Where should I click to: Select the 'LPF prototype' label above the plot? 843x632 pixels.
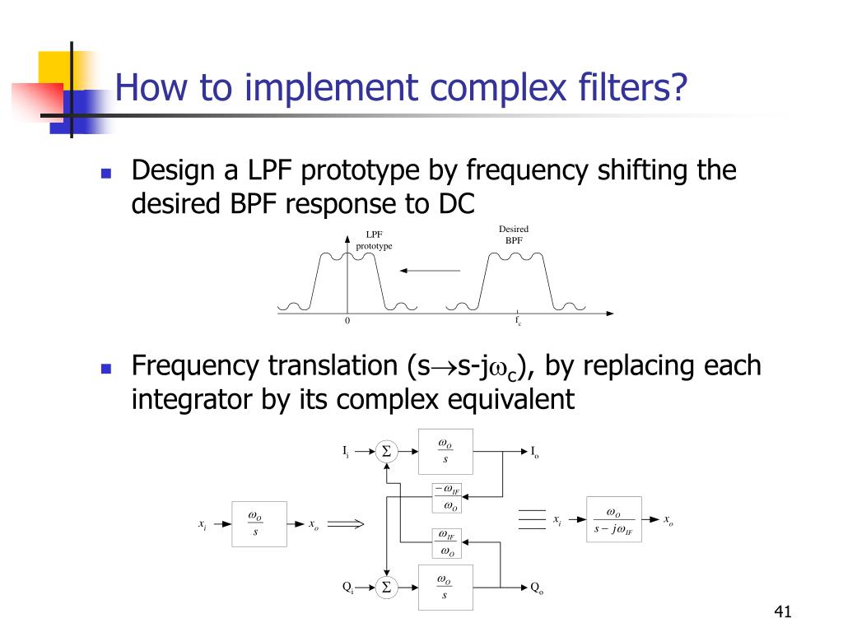tap(374, 240)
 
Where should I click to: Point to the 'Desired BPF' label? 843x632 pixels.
tap(514, 235)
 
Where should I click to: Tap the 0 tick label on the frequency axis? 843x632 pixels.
tap(347, 321)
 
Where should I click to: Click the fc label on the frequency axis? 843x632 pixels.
tap(518, 322)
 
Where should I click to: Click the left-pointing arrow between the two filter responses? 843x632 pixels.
tap(430, 270)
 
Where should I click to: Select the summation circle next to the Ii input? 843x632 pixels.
tap(385, 451)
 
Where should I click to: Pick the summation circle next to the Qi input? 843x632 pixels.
tap(385, 587)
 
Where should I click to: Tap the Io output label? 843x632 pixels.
tap(534, 452)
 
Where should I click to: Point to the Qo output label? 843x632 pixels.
tap(536, 588)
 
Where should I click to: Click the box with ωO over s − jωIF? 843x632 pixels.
tap(612, 521)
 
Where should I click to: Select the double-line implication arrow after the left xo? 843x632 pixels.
tap(347, 522)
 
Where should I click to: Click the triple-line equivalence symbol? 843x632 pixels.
tap(532, 520)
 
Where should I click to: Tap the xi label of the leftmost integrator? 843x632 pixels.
tap(203, 524)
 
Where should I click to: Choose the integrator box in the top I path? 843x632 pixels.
tap(445, 451)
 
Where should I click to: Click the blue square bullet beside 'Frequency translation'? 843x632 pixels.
tap(105, 367)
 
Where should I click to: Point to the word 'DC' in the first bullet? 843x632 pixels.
tap(456, 203)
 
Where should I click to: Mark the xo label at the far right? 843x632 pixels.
tap(668, 521)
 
